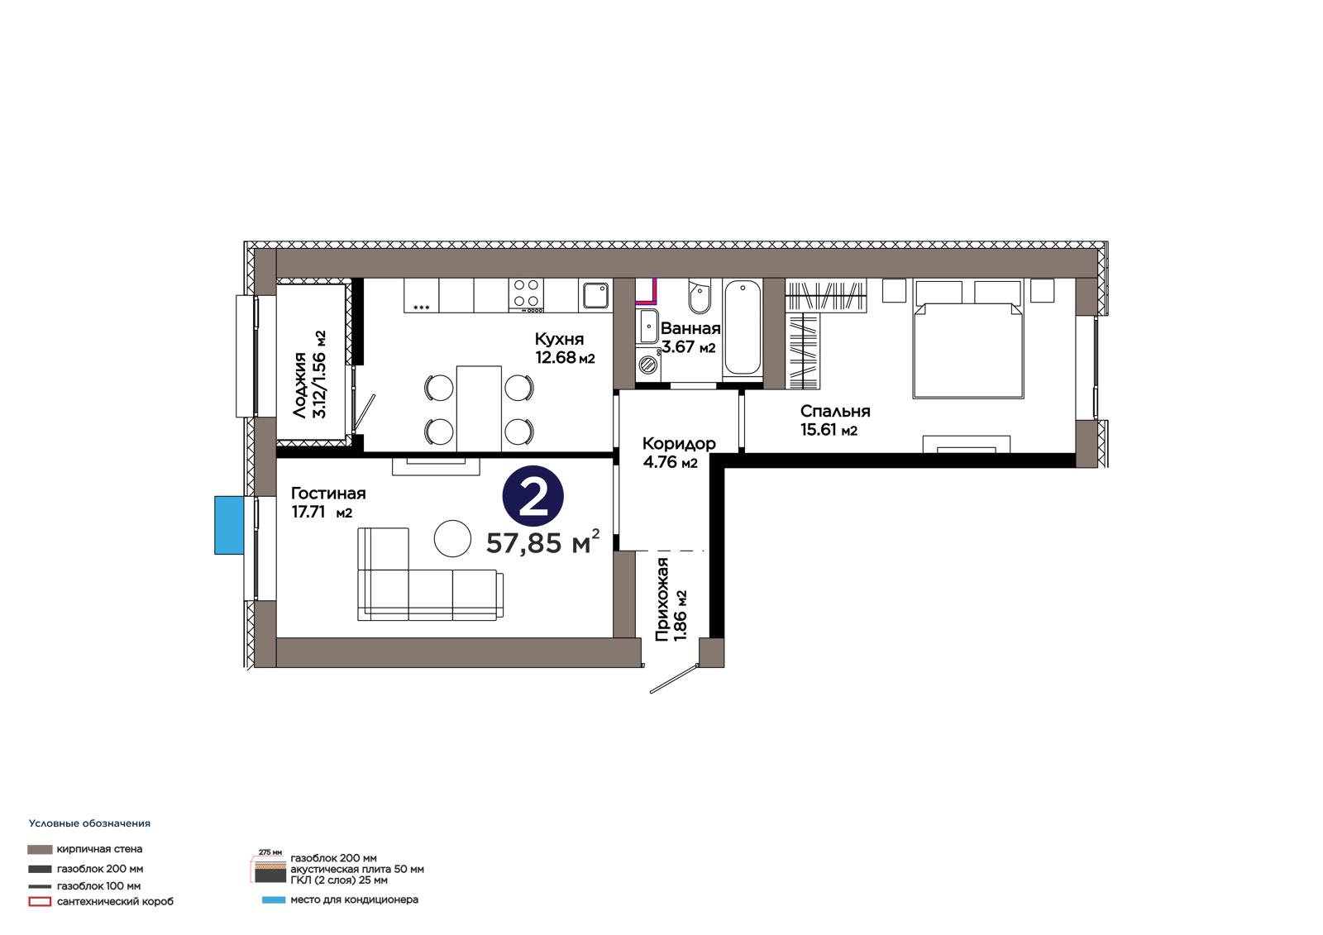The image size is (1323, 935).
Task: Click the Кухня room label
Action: pos(565,348)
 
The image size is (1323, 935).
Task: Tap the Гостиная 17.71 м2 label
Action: pos(328,502)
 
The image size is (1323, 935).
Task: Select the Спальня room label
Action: pos(835,420)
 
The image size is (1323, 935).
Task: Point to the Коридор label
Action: pos(679,452)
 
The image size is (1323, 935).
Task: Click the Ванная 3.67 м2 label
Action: pos(690,337)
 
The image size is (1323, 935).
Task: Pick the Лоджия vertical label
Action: pos(309,374)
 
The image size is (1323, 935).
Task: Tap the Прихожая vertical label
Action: pos(671,599)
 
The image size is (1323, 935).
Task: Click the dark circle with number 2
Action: pos(533,496)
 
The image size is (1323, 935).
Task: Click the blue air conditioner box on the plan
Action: pos(229,525)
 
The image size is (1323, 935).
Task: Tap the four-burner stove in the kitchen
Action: pos(527,295)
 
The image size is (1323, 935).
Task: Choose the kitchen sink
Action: pos(595,295)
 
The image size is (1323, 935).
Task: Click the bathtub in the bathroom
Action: pos(743,327)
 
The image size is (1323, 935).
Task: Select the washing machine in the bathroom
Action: pos(648,363)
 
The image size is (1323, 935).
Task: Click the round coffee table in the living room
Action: pos(452,538)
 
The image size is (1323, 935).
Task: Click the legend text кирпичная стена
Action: pos(99,849)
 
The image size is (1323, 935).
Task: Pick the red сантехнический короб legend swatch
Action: pos(40,901)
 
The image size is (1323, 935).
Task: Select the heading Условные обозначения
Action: pos(90,823)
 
